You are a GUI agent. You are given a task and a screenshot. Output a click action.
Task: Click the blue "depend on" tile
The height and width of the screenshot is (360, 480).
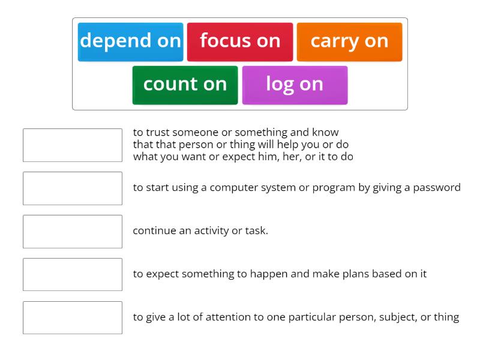130,41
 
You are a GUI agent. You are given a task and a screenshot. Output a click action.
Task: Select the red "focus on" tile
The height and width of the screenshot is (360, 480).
240,41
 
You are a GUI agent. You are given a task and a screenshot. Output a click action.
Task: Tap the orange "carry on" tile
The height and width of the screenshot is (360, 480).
349,41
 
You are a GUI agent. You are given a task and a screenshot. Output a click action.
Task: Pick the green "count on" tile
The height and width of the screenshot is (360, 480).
185,85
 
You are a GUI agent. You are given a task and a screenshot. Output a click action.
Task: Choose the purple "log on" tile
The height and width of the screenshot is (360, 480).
295,85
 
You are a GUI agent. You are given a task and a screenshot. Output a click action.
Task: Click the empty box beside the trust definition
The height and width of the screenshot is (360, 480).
73,145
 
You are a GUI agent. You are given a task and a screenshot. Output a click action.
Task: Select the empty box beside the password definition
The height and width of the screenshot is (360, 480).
73,188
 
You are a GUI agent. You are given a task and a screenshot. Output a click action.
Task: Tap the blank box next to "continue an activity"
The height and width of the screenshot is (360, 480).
73,232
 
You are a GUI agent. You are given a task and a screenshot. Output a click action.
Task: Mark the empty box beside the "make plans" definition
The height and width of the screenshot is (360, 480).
73,275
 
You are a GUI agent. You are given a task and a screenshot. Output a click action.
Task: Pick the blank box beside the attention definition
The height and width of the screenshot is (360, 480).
73,318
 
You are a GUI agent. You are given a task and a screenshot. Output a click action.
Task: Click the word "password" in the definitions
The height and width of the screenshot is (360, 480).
436,188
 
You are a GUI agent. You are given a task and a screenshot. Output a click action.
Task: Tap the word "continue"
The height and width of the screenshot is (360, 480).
154,231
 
